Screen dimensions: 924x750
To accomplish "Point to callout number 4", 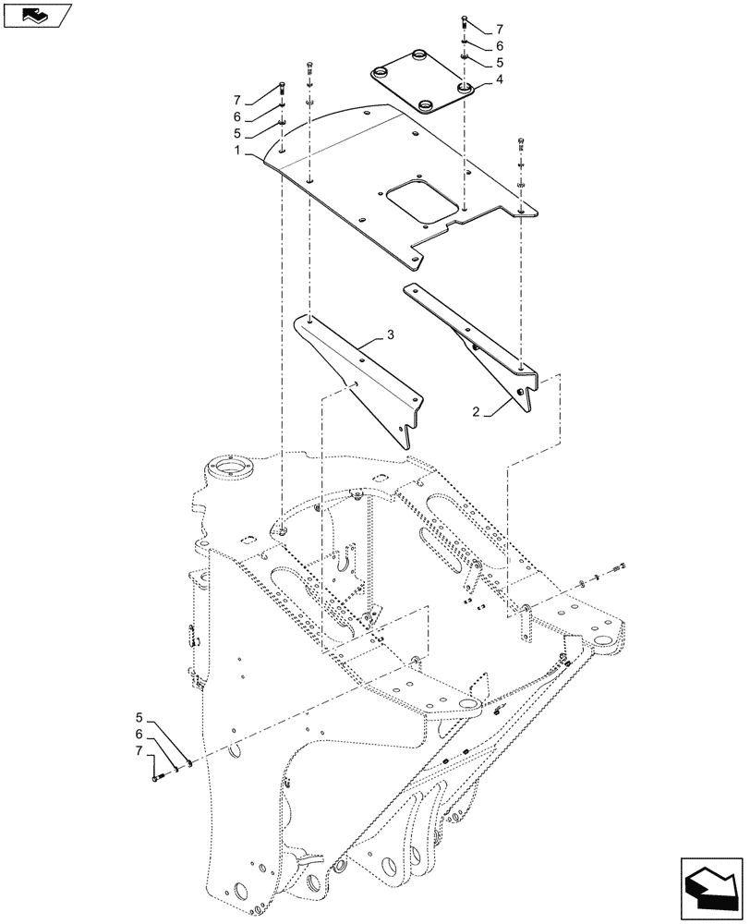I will point(500,80).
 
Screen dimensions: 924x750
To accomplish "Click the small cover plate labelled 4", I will point(422,88).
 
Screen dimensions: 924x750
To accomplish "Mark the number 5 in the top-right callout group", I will point(500,64).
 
